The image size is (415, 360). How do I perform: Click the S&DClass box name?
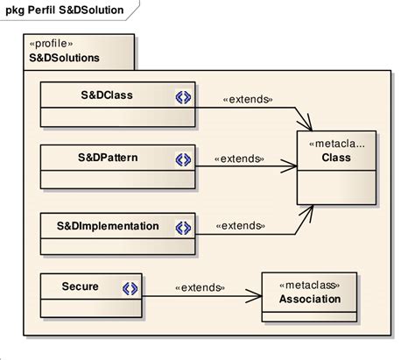pos(100,95)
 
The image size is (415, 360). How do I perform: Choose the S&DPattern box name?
pos(102,159)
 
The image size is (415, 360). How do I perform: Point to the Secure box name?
pos(80,286)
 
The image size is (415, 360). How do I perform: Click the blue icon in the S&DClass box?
pos(183,96)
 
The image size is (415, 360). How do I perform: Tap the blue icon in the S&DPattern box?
pos(183,159)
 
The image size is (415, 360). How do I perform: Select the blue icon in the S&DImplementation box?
pos(183,227)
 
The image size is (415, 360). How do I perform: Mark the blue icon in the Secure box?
pos(130,287)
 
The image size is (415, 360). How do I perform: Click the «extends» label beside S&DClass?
pos(249,98)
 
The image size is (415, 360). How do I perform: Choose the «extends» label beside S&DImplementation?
pos(240,226)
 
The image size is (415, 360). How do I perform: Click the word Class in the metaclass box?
pos(336,159)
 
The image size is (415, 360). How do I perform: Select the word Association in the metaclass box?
pos(310,300)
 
